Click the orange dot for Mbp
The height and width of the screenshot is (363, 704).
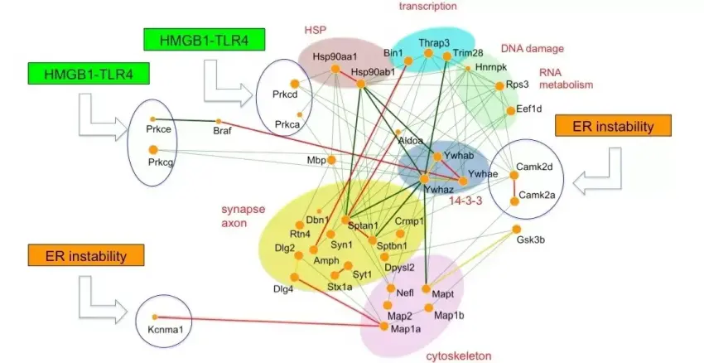point(331,159)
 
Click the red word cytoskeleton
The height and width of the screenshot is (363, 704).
point(458,356)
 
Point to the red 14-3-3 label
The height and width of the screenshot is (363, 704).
point(465,199)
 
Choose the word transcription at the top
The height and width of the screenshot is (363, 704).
point(427,7)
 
